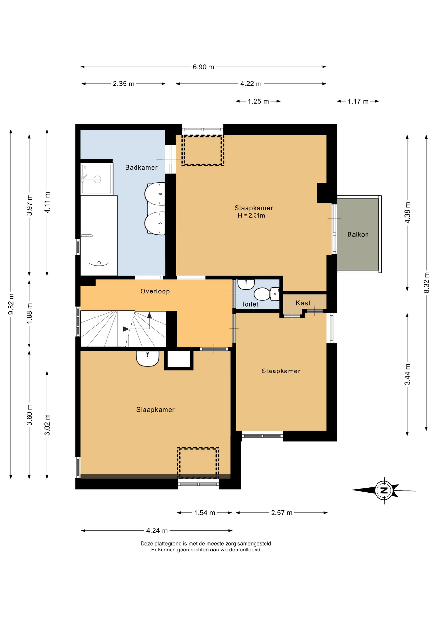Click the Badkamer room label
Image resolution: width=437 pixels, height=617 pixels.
(x=141, y=167)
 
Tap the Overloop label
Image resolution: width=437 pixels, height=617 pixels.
(x=155, y=291)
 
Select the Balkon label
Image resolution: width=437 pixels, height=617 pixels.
(x=358, y=234)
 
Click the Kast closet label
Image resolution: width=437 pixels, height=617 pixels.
(x=303, y=303)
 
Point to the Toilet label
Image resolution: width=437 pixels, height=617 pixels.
(x=250, y=304)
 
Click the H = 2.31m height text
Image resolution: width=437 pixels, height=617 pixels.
(x=251, y=216)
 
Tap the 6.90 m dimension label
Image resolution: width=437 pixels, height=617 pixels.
(x=203, y=67)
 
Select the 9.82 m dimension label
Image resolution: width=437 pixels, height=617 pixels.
(x=11, y=304)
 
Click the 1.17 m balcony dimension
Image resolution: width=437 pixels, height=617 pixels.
(x=358, y=102)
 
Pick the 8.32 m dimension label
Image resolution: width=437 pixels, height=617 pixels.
(x=427, y=282)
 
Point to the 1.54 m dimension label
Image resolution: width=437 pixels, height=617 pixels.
(x=205, y=513)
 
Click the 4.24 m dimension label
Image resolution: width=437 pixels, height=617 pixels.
(x=157, y=531)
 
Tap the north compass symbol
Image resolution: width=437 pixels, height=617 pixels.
(x=384, y=490)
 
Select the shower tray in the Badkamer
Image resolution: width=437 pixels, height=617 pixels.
(x=97, y=179)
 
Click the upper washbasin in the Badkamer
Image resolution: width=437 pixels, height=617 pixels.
(x=155, y=194)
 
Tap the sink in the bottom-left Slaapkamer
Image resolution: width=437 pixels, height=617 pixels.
(x=148, y=358)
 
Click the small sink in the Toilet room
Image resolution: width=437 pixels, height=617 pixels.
(x=246, y=284)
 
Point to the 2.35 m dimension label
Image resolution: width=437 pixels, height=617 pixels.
(x=124, y=84)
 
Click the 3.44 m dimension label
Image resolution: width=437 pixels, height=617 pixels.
(x=408, y=374)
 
